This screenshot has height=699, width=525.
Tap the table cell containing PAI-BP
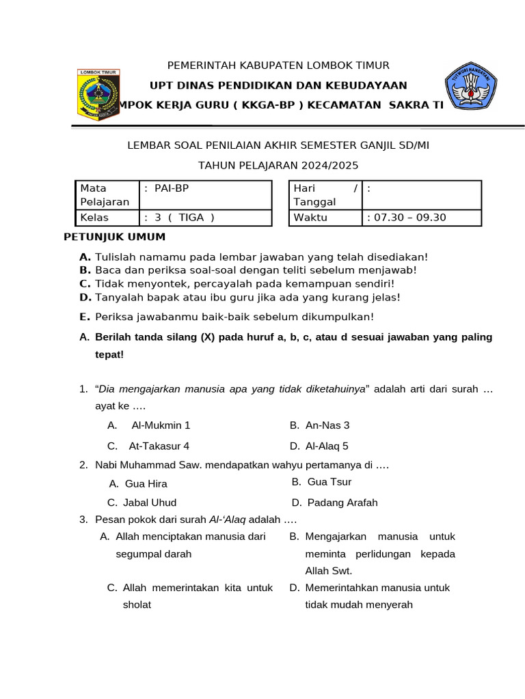pos(205,195)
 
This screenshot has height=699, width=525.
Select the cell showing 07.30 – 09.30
pos(421,217)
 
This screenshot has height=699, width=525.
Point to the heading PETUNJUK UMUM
pos(114,237)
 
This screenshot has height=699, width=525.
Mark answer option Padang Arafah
pos(342,502)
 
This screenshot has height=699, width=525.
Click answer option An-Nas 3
pos(327,425)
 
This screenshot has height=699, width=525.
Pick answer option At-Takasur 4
pos(159,446)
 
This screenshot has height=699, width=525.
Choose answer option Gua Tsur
pos(329,481)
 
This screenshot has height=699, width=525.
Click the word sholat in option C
pos(137,604)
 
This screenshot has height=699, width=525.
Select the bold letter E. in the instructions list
pos(85,317)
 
